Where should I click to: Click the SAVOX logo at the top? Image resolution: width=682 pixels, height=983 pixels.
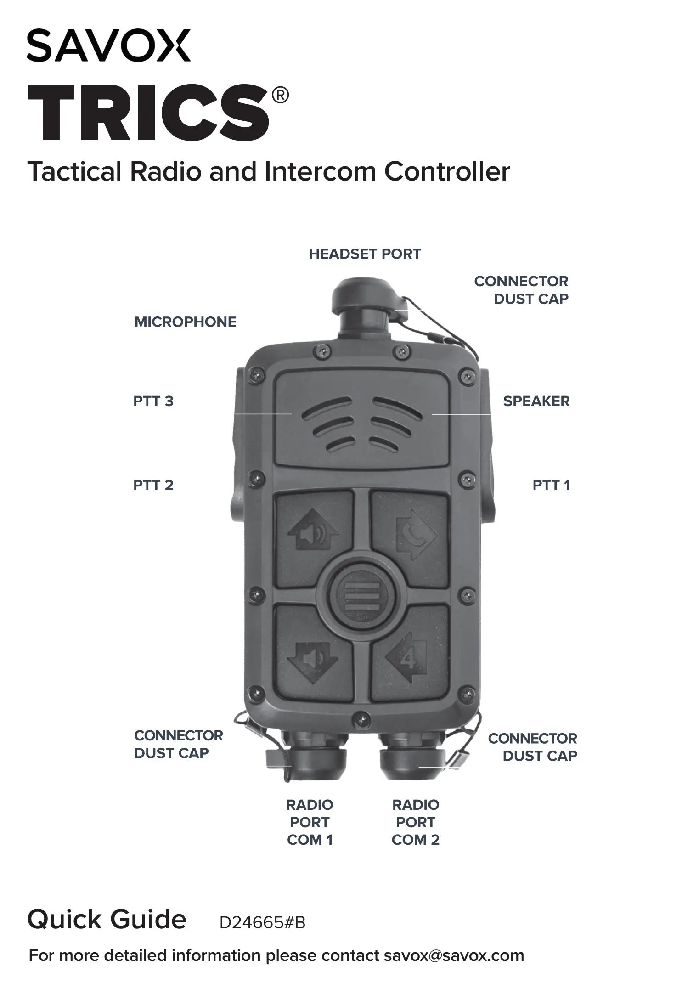[x=108, y=46]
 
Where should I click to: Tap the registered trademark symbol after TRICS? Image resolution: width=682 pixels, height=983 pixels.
[x=280, y=96]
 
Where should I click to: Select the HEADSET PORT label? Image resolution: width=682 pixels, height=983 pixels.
[x=364, y=254]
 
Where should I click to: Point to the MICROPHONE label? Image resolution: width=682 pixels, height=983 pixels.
[x=185, y=322]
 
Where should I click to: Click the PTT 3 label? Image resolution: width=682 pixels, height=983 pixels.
[x=153, y=401]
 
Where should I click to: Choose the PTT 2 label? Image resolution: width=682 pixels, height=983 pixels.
[x=153, y=486]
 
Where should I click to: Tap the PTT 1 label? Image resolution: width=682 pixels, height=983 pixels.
[x=551, y=486]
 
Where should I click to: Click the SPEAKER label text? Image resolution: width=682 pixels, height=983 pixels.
[x=536, y=401]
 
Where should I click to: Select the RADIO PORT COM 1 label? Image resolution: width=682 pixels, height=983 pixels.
[x=310, y=822]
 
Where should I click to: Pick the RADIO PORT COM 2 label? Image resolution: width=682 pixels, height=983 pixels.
[x=415, y=822]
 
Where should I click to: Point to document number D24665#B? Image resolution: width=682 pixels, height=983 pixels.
[x=262, y=923]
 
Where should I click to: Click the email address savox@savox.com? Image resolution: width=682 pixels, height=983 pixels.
[x=454, y=955]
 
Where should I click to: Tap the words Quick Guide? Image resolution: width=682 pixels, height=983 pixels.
[x=107, y=920]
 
